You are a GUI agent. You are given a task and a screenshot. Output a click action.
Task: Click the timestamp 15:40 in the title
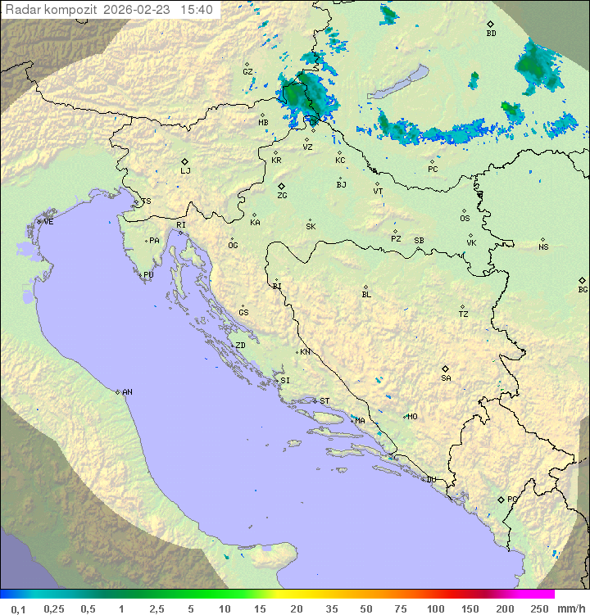[197, 10]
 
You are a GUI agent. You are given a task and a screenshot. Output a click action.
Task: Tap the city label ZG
[282, 196]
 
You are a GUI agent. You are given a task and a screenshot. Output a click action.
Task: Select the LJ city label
[185, 170]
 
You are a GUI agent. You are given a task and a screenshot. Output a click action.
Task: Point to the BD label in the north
[491, 34]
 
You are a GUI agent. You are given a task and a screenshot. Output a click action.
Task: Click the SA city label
[446, 378]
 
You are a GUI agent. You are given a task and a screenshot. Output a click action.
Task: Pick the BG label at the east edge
[583, 289]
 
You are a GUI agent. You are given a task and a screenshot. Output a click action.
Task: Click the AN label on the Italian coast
[127, 392]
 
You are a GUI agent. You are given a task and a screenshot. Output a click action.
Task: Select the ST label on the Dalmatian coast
[324, 401]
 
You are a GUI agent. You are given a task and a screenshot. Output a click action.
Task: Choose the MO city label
[412, 416]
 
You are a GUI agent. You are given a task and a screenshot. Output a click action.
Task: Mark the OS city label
[465, 218]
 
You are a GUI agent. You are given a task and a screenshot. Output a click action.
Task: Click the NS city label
[543, 246]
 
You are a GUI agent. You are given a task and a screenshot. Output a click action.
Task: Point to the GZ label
[247, 71]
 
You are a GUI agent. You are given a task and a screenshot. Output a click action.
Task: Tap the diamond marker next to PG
[501, 499]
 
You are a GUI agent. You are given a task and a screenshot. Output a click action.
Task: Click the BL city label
[366, 294]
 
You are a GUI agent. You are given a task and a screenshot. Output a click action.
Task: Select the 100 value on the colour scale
[435, 608]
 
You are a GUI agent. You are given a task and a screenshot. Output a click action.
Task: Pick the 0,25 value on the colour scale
[54, 608]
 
